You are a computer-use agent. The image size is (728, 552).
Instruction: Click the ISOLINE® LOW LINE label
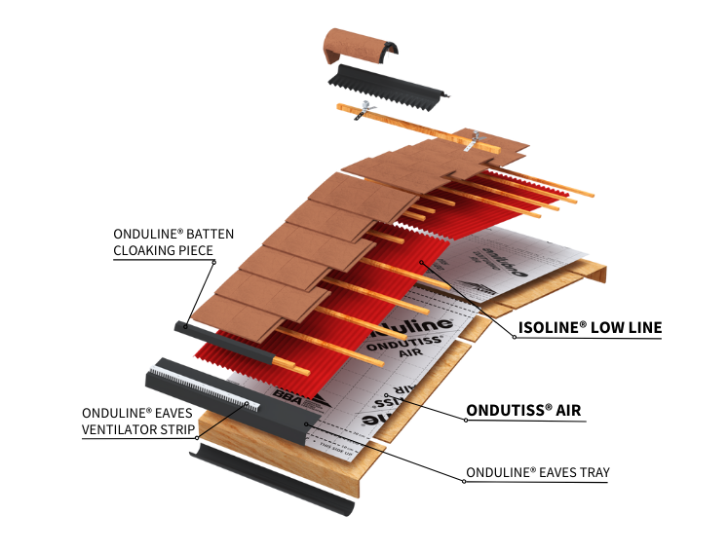pos(590,328)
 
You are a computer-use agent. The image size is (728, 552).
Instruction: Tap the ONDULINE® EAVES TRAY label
pos(537,473)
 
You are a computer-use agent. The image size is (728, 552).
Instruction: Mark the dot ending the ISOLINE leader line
pos(421,262)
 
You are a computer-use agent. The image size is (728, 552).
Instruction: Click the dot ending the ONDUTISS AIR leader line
pos(388,395)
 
